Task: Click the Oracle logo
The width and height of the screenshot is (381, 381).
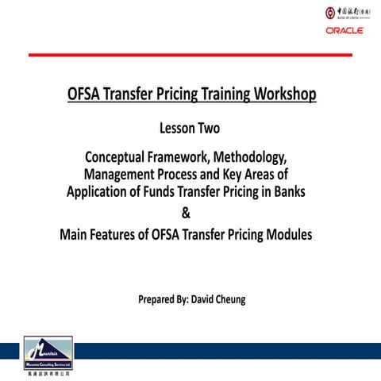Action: [344, 31]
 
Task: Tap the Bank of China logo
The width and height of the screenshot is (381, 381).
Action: [343, 14]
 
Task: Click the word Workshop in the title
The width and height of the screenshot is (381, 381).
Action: [280, 95]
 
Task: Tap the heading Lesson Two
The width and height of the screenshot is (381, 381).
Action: [190, 126]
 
